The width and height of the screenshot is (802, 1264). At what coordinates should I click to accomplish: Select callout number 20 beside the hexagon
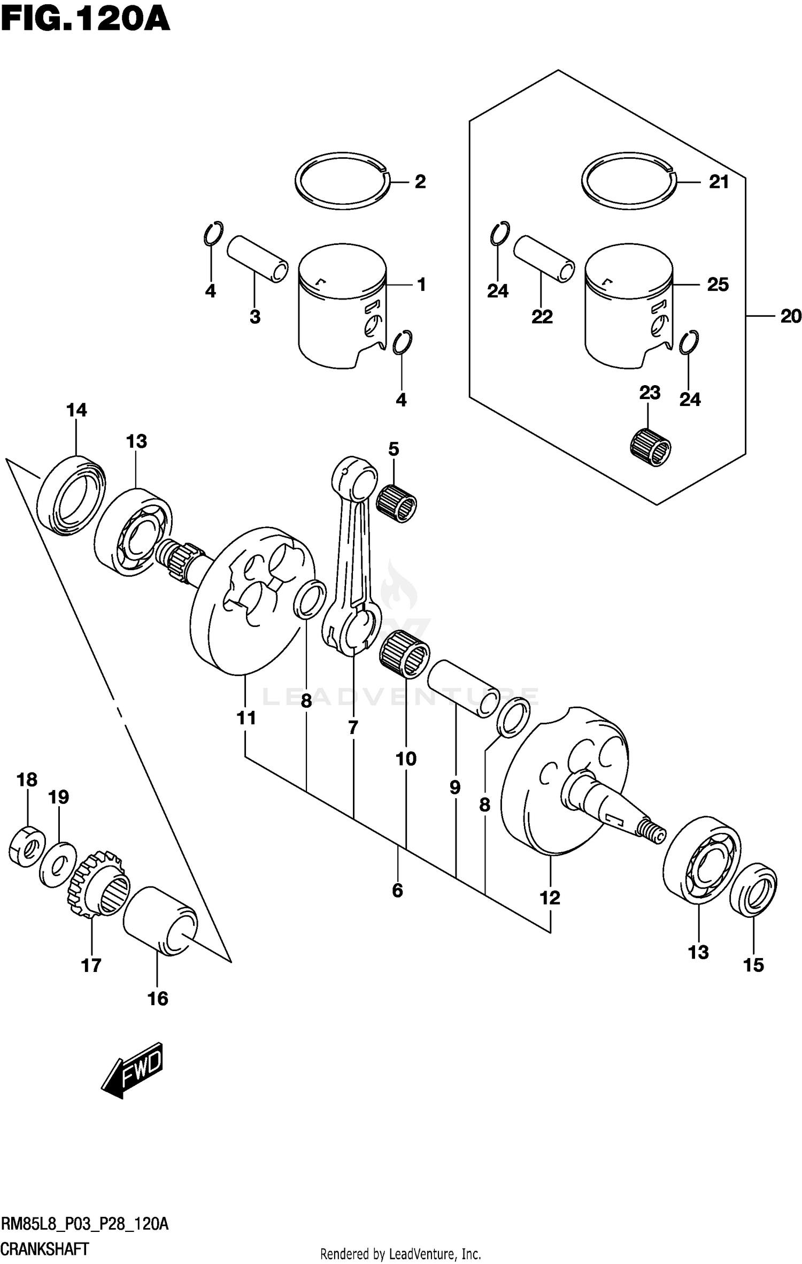pos(790,317)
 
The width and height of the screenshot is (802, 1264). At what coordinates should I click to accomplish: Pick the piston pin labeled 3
pos(258,259)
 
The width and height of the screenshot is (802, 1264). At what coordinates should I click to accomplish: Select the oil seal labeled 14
pos(72,494)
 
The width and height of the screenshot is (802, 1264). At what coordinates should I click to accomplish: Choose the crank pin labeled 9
pos(462,688)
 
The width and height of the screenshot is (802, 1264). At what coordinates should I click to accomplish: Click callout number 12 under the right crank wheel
pos(550,898)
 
